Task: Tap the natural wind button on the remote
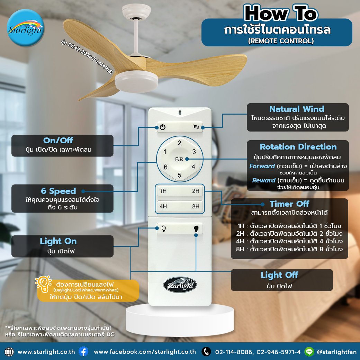[x=196, y=127]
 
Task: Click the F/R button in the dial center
[x=179, y=159]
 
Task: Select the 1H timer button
[x=163, y=191]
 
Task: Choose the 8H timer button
[x=196, y=207]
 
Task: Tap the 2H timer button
[x=196, y=191]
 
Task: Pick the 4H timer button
[x=163, y=207]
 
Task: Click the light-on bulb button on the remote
[x=164, y=228]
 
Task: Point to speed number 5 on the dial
[x=179, y=175]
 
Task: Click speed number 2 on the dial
[x=179, y=143]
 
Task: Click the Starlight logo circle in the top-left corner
[x=26, y=28]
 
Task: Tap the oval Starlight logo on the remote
[x=180, y=285]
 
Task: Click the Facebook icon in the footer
[x=83, y=351]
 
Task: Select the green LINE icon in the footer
[x=309, y=351]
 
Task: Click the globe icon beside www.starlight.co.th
[x=10, y=351]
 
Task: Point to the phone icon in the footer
[x=206, y=351]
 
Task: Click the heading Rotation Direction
[x=298, y=146]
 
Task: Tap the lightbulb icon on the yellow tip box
[x=43, y=283]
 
